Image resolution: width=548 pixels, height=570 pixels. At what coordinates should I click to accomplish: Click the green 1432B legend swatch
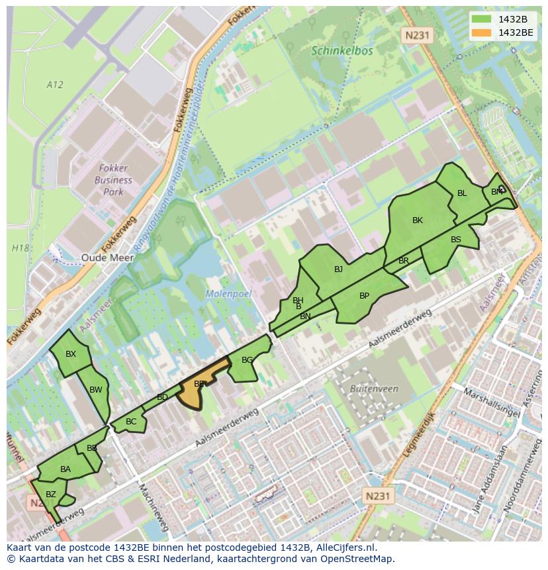[481, 19]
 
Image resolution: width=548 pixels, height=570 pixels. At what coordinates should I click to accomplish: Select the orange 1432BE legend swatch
[481, 32]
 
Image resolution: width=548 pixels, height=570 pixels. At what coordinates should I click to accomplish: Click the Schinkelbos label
[342, 50]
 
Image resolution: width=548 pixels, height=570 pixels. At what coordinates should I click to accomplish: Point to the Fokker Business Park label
[113, 180]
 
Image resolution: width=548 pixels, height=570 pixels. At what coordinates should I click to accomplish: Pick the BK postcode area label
[417, 220]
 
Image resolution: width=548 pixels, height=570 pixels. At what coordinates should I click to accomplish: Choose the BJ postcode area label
[338, 269]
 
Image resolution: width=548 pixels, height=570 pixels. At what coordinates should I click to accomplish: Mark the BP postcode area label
[364, 296]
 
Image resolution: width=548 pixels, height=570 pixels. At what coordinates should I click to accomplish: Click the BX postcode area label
[71, 354]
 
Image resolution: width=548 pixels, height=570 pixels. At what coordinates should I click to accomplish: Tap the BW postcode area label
[95, 390]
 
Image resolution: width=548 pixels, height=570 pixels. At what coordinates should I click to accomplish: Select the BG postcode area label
[247, 360]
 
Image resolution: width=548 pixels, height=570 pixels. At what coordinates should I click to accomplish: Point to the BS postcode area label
[456, 240]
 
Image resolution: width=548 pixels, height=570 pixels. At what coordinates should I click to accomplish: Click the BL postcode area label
[462, 193]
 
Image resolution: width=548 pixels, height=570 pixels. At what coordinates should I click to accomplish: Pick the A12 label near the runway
[55, 84]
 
